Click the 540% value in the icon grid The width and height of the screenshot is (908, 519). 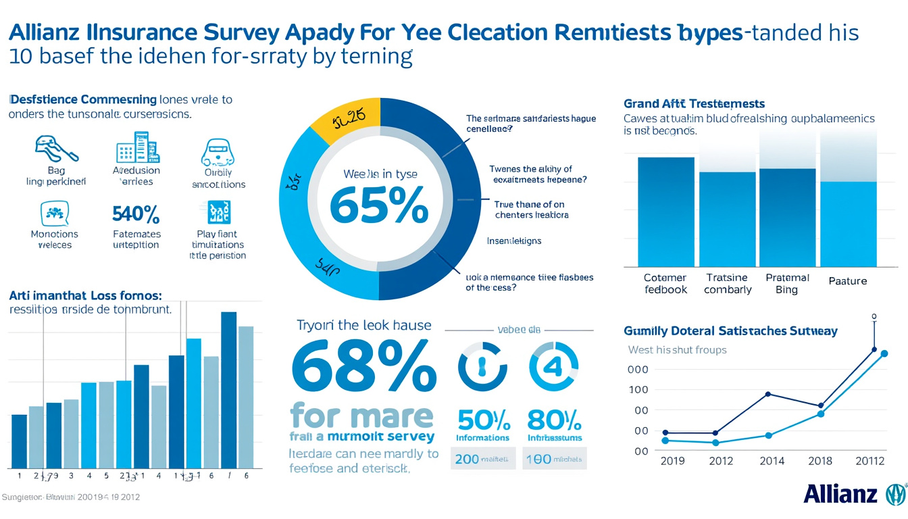point(134,215)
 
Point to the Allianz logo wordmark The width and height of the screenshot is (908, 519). point(840,494)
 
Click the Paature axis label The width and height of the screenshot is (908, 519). point(848,281)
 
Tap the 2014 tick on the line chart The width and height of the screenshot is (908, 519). point(772,461)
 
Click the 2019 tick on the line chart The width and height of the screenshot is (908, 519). point(672,461)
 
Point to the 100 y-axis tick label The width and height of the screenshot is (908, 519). point(638,390)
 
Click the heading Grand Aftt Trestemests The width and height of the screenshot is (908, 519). point(694,103)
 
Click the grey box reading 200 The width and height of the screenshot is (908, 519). point(483,458)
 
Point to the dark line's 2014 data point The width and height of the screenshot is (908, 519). point(768,394)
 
